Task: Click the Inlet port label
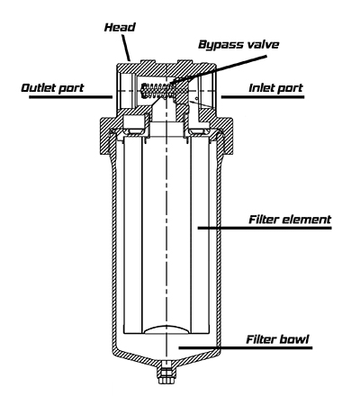(276, 88)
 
